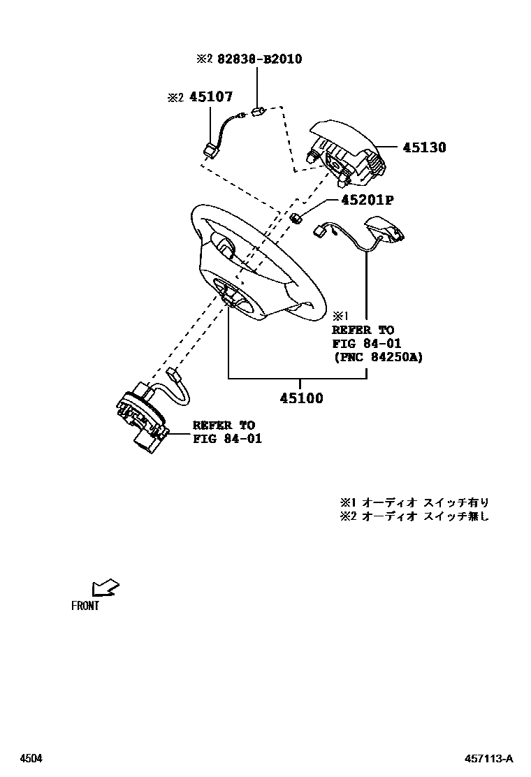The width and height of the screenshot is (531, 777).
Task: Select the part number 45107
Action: (210, 98)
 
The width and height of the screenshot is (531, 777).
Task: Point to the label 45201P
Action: (367, 201)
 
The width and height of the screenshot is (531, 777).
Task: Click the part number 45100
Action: (301, 398)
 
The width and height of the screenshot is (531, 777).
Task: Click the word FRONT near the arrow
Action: (85, 606)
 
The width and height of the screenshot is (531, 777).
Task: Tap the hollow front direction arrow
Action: (105, 587)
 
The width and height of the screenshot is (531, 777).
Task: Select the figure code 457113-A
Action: (490, 758)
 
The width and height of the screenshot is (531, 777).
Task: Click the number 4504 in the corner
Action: (30, 758)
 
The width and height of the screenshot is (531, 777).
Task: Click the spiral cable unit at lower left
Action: (143, 416)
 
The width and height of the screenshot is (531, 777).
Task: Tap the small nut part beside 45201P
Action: (296, 217)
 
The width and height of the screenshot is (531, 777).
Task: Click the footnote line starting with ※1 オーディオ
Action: (414, 502)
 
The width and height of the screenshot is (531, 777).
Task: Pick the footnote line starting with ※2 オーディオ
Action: (414, 516)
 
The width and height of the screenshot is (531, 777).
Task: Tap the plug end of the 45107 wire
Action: (208, 150)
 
